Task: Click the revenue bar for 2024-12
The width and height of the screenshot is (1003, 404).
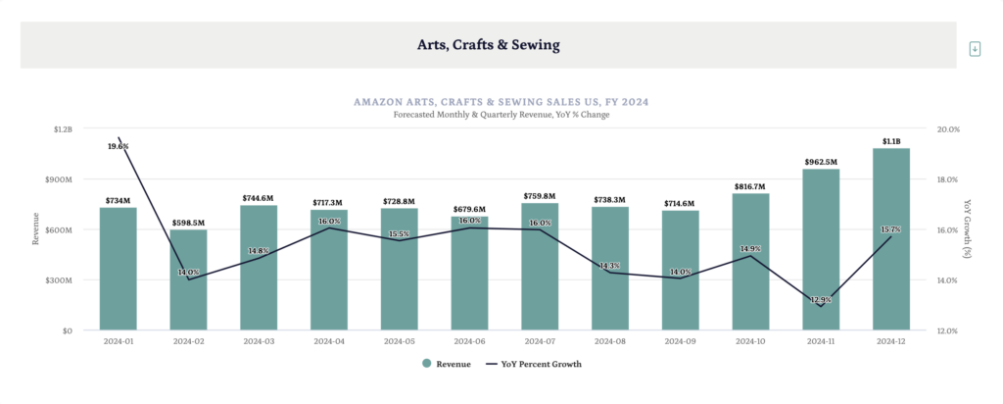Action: [x=890, y=239]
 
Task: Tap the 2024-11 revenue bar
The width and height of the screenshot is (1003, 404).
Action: [x=821, y=250]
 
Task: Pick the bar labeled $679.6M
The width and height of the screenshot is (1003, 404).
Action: [x=469, y=274]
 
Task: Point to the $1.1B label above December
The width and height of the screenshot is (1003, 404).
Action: [x=890, y=140]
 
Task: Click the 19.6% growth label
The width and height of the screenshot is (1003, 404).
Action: [x=119, y=146]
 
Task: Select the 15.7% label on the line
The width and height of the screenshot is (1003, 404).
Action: [x=890, y=229]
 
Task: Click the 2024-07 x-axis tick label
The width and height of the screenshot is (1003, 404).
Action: [x=540, y=341]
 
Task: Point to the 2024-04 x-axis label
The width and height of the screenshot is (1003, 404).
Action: [x=329, y=341]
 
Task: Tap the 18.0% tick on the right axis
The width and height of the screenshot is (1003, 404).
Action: [x=949, y=179]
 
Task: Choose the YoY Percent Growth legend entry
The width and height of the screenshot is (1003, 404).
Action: [x=533, y=364]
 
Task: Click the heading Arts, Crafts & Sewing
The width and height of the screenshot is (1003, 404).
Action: [x=488, y=44]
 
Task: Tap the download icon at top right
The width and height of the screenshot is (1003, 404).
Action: [x=975, y=48]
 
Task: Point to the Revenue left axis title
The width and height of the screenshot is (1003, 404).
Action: [x=36, y=230]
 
